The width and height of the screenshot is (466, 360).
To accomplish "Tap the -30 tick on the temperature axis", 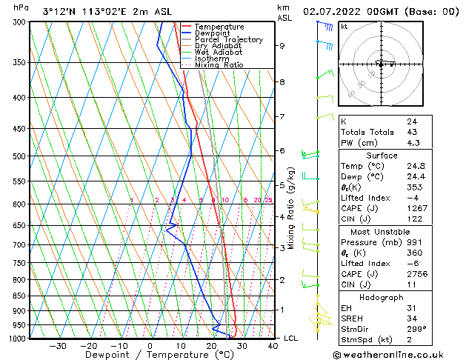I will (x=58, y=345).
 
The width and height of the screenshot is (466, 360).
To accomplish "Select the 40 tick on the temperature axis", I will (x=273, y=345).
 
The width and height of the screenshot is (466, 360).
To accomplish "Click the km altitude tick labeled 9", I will (x=282, y=45).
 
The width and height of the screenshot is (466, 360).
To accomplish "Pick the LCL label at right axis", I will (x=291, y=338).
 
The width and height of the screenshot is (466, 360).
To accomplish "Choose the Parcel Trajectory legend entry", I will (x=228, y=40).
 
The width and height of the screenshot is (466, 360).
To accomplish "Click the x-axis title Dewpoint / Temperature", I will (x=150, y=355).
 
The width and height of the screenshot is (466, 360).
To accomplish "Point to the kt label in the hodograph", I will (x=344, y=26).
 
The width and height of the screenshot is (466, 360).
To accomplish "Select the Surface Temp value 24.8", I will (x=414, y=166).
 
